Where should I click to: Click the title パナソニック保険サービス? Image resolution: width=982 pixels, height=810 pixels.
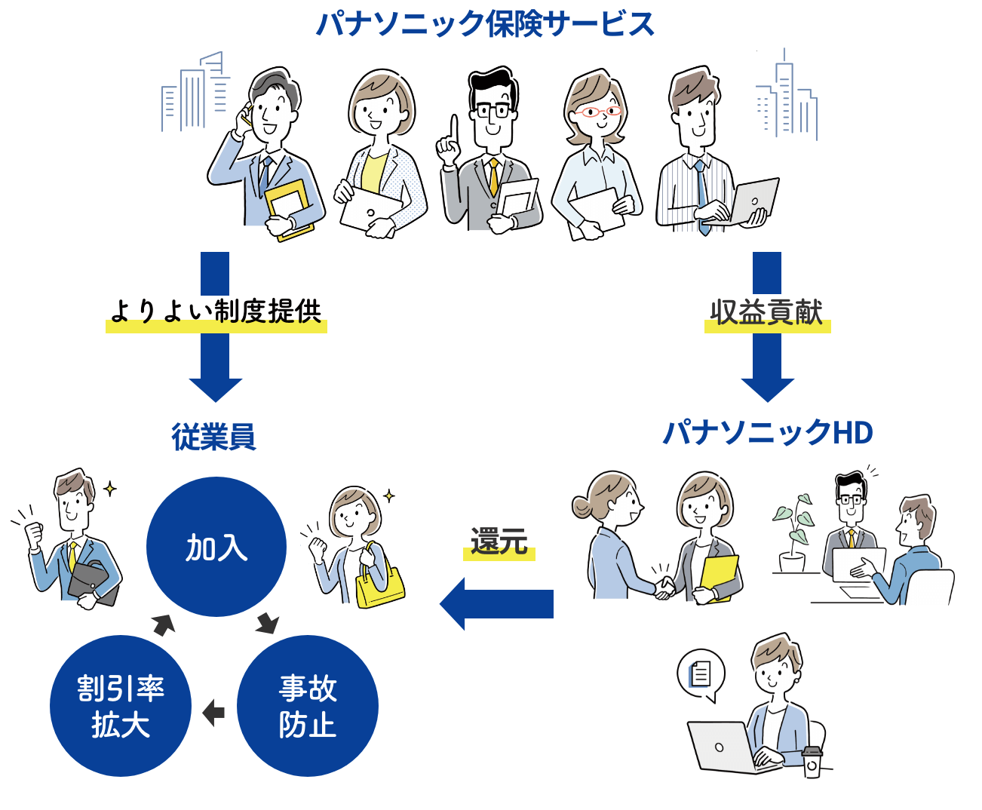(485, 24)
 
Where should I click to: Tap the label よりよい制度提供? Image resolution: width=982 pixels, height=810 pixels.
(216, 311)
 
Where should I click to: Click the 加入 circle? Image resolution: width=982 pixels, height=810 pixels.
(216, 547)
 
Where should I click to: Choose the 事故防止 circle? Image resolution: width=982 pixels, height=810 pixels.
(308, 706)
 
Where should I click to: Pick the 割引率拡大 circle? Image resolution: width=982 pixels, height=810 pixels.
(121, 706)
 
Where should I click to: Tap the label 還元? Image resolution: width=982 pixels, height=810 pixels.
(499, 542)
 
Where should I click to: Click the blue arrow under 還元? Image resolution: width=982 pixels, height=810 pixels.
(498, 603)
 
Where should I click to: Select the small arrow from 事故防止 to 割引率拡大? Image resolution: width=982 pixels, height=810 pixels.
(214, 712)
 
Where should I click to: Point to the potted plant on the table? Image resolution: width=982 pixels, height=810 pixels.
(793, 532)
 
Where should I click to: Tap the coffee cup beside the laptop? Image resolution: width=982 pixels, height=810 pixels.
(812, 762)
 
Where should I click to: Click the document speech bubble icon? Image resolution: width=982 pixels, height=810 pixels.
(701, 673)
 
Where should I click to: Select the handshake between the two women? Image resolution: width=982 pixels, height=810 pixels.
(664, 586)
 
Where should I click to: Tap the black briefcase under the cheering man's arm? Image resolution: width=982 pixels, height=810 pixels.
(93, 581)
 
